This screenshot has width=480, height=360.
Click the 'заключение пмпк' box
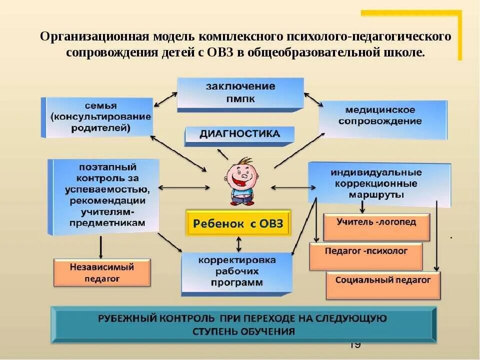[240, 93]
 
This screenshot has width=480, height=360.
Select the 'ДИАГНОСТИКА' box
[239, 134]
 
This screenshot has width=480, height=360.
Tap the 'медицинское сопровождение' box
[383, 116]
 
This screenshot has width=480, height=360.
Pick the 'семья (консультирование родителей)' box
[97, 117]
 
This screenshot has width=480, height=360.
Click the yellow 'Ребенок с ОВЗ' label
[238, 223]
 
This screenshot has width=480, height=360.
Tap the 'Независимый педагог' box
[102, 272]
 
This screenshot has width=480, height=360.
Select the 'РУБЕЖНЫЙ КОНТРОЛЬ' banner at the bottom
[243, 324]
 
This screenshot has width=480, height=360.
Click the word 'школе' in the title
[408, 52]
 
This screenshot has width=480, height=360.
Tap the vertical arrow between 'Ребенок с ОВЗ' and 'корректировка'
[239, 244]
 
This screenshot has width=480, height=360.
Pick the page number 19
[355, 345]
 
